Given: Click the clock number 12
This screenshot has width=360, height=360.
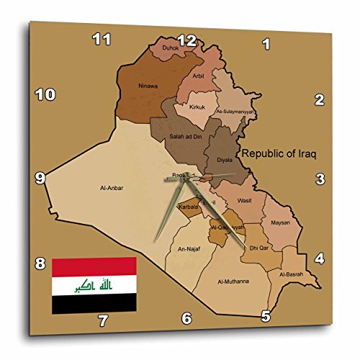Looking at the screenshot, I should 186,41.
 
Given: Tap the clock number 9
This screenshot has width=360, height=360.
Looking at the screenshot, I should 40,177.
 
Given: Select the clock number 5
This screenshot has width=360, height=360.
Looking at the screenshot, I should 266,315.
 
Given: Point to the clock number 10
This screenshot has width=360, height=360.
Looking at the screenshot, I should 45,94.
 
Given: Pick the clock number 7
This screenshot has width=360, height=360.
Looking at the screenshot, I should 103,320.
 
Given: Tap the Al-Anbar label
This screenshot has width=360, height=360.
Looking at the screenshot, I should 112,188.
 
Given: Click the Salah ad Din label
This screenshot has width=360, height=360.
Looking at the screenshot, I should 177,138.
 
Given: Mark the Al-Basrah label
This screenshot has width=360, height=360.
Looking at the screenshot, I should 290,274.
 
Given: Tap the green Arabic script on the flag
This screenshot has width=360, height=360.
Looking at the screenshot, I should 94,286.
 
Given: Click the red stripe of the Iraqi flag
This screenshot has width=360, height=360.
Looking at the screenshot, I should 94,266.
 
